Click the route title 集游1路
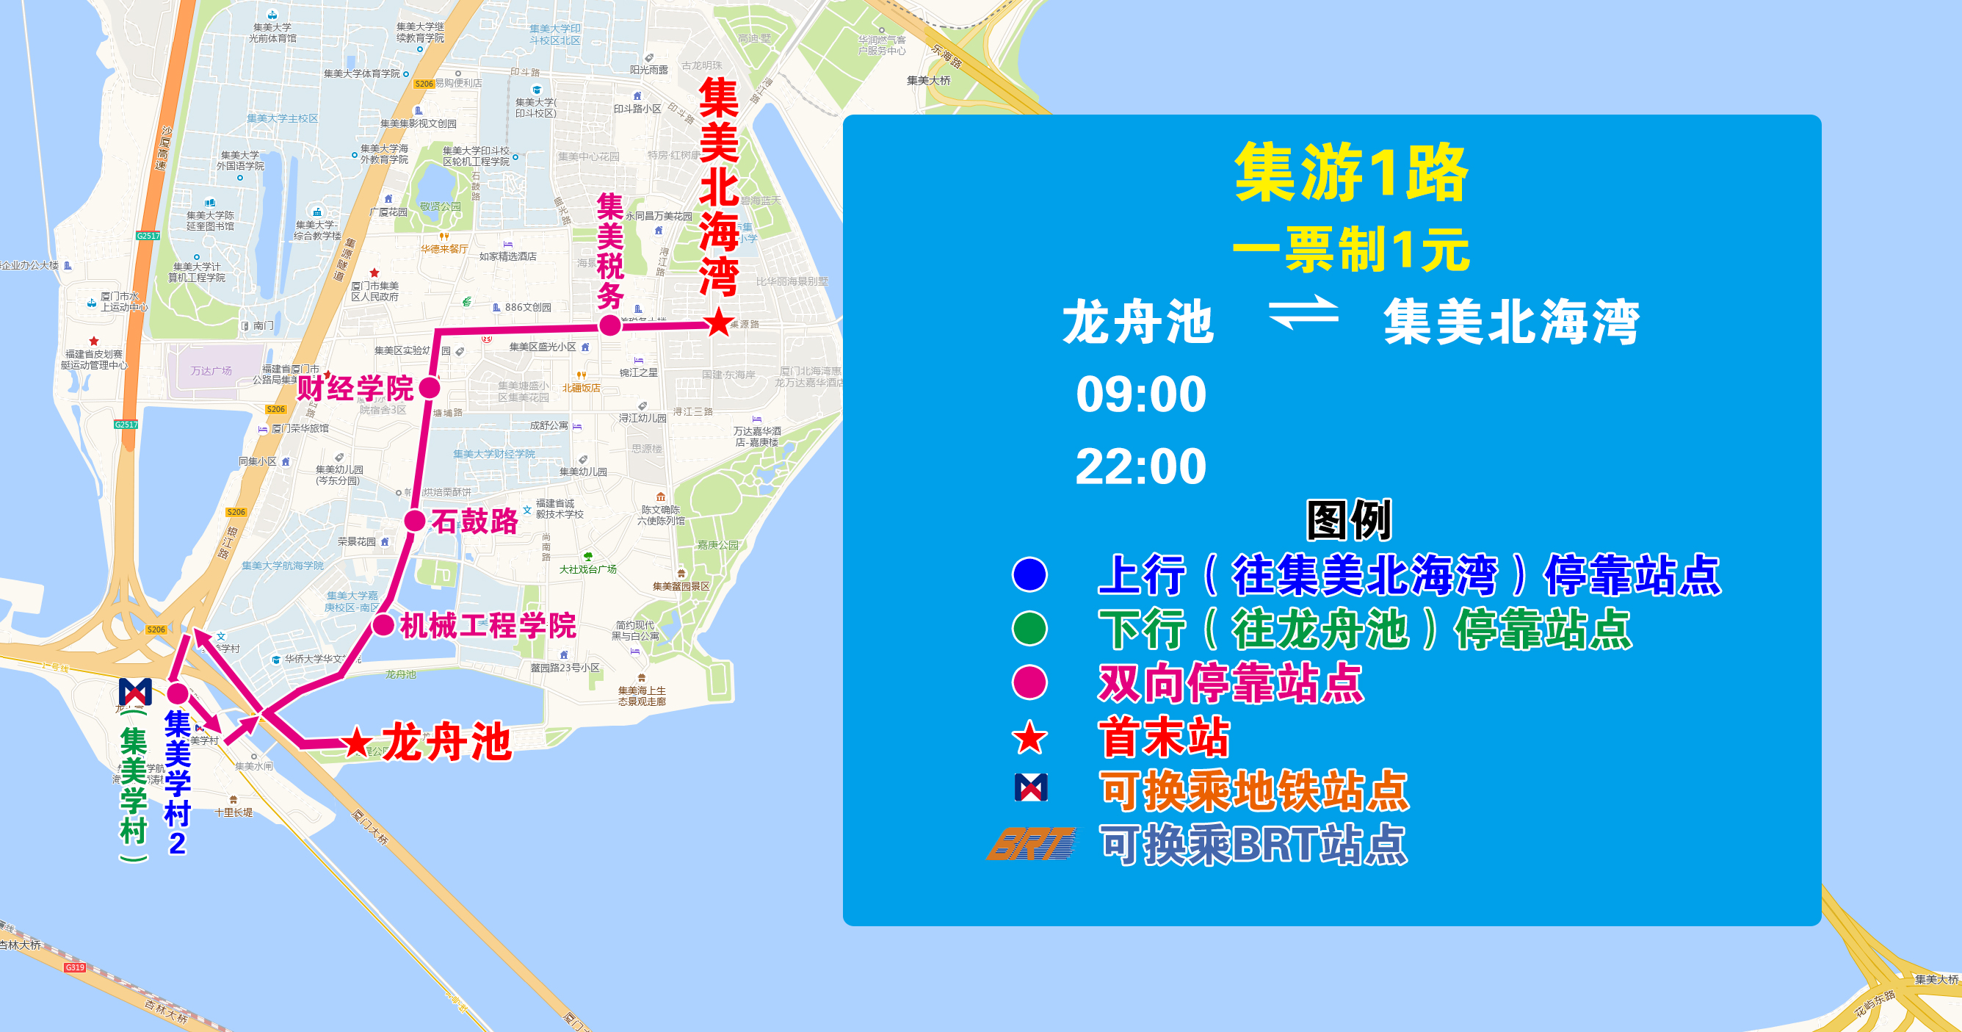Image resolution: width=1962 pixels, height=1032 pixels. [1350, 173]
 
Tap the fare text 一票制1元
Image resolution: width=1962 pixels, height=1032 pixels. [1350, 249]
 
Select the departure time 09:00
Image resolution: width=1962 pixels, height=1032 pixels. [1141, 394]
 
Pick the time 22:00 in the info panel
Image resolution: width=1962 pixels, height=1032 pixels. [1141, 466]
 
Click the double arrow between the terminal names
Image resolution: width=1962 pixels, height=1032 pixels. [1303, 312]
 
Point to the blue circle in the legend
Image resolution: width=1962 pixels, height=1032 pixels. [1029, 574]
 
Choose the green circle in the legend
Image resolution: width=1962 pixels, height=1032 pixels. [1029, 628]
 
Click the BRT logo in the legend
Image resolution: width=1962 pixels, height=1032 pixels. [1031, 844]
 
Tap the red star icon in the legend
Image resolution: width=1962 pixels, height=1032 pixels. [1029, 737]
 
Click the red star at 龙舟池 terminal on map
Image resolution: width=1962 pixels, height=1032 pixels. [356, 743]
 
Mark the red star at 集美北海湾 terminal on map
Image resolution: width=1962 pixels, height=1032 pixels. [718, 323]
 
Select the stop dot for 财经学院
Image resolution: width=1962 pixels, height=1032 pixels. [430, 388]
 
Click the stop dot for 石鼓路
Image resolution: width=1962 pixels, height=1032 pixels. [415, 521]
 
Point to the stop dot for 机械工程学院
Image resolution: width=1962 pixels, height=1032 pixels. [383, 625]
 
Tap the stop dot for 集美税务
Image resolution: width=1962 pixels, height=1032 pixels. [610, 326]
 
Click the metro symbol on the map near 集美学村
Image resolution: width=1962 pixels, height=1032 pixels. [136, 692]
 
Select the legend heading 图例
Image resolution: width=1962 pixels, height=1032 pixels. [1349, 520]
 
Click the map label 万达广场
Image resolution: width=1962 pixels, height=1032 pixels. [211, 371]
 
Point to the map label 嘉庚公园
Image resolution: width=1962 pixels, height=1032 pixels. [717, 544]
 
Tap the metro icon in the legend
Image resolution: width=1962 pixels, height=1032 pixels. [1031, 787]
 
